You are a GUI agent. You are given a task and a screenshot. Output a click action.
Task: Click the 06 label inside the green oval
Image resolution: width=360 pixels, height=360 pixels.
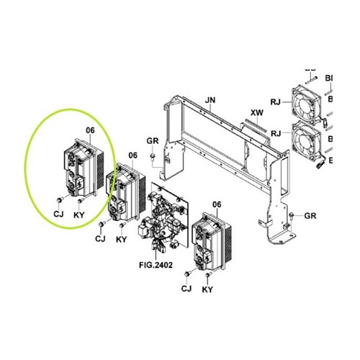(90, 130)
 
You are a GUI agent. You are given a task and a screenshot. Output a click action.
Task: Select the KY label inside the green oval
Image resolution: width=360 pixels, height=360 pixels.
(80, 215)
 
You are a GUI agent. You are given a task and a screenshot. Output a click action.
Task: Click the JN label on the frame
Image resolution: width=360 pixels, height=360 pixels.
(210, 99)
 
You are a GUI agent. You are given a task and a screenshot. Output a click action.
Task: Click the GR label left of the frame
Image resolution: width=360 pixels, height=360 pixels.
(152, 140)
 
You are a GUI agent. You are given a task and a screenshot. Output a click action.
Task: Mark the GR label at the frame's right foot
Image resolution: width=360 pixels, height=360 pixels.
(310, 215)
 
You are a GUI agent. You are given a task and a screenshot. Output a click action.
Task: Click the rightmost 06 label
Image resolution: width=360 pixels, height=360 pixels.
(216, 205)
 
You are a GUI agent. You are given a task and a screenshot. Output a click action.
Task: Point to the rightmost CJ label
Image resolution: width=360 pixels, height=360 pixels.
(186, 289)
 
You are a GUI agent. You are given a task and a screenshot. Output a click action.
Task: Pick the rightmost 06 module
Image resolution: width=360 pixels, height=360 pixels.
(210, 241)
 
